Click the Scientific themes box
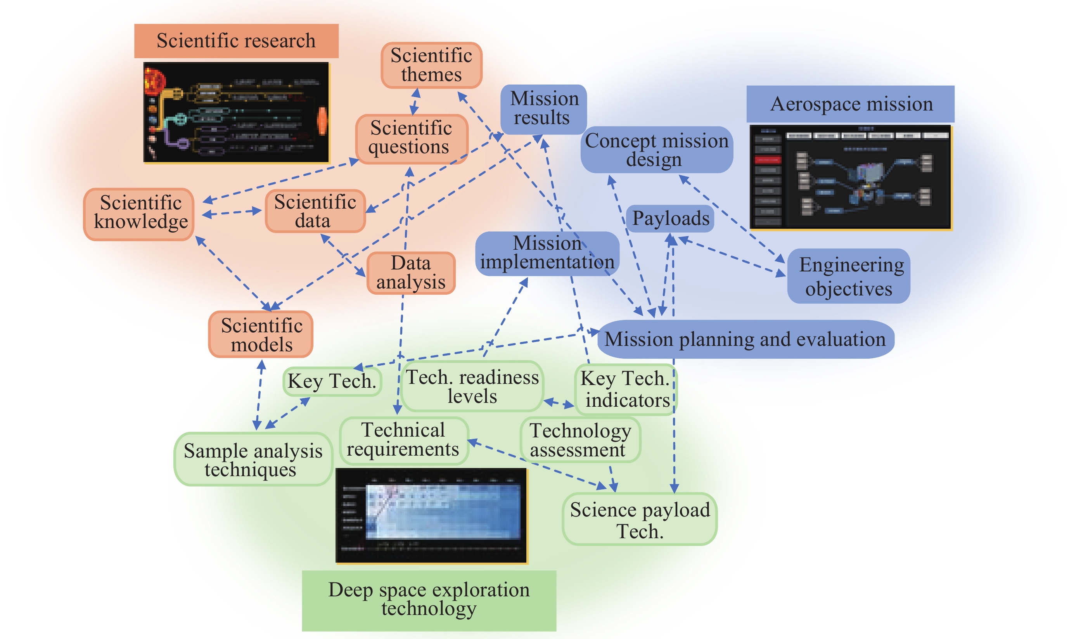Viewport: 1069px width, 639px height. [x=431, y=65]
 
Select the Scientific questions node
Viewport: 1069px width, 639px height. [x=411, y=138]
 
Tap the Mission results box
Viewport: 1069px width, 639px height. [x=543, y=109]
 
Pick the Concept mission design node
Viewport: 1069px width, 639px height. [x=656, y=149]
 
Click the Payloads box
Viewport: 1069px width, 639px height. [x=670, y=218]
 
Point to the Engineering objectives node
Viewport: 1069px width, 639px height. [x=848, y=276]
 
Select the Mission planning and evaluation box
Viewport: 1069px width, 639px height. [x=745, y=339]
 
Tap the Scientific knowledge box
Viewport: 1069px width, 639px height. [x=139, y=214]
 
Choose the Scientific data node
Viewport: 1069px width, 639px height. [x=315, y=211]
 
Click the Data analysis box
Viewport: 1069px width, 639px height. [x=411, y=273]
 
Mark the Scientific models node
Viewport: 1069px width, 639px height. [x=261, y=335]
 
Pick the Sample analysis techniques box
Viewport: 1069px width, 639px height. [x=253, y=459]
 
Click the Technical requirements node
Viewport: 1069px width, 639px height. [x=403, y=440]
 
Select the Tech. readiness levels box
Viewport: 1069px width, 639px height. [x=472, y=386]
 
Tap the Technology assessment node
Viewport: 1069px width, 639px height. [x=580, y=440]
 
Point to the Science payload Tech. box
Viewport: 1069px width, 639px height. [x=640, y=520]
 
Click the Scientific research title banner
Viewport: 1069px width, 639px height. [x=236, y=41]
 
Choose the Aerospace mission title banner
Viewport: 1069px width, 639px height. [x=850, y=104]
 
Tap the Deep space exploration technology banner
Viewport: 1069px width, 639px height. [x=429, y=600]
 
